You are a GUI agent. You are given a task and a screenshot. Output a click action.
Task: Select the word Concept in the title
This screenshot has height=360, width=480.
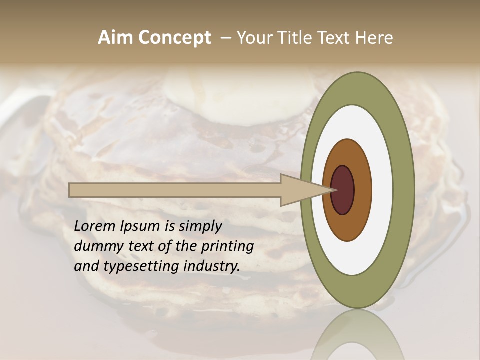175,38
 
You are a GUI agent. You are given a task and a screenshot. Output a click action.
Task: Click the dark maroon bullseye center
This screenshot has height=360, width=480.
343,190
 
